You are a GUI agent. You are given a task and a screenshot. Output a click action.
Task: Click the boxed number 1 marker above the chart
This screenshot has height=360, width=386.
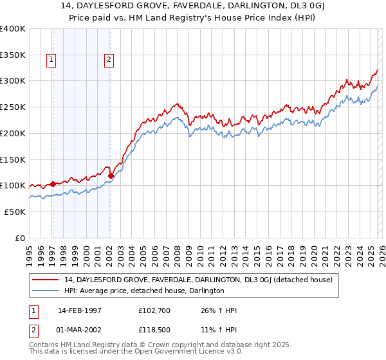click(51, 60)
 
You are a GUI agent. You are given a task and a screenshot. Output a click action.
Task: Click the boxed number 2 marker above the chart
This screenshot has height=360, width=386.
click(109, 60)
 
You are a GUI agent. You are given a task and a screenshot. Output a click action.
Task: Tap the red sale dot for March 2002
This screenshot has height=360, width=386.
click(111, 175)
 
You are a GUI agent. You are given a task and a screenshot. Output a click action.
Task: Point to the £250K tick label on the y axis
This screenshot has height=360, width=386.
click(12, 107)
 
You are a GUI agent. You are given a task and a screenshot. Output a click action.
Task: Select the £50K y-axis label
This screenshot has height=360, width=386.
click(15, 212)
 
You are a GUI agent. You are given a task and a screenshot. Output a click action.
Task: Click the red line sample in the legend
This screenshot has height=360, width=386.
click(46, 280)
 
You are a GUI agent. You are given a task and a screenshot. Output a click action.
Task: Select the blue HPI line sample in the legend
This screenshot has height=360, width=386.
click(46, 291)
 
